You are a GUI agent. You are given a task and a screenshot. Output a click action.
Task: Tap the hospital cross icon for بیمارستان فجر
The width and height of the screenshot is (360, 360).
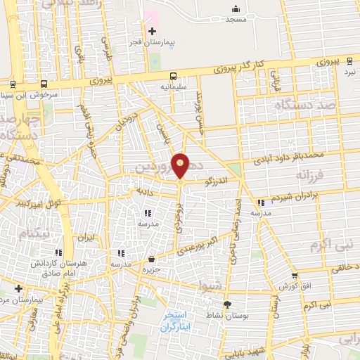click(152, 31)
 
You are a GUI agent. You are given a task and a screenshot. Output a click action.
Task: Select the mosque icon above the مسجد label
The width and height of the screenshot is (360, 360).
click(236, 8)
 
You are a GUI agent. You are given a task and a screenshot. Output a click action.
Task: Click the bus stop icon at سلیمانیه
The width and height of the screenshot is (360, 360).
click(172, 77)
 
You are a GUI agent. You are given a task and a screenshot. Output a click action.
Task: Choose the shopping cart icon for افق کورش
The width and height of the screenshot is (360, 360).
click(295, 276)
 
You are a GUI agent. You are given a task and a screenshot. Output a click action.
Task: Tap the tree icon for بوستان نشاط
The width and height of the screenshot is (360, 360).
click(227, 304)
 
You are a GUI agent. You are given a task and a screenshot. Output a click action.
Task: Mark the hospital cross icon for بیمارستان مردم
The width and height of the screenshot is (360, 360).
click(18, 288)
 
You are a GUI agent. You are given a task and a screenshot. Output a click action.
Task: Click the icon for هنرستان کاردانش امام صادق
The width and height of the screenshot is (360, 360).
click(58, 252)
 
